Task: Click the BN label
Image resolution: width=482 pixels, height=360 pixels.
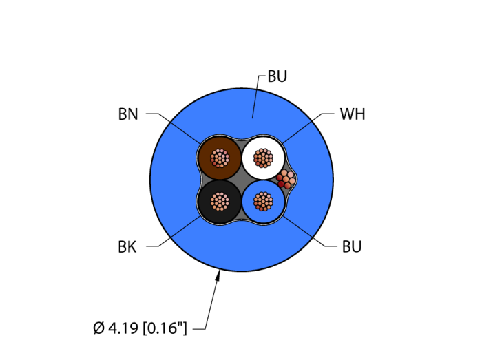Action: pyautogui.click(x=128, y=114)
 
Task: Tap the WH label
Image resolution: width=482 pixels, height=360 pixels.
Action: pyautogui.click(x=352, y=114)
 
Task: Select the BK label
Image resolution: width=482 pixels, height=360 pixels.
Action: pyautogui.click(x=127, y=247)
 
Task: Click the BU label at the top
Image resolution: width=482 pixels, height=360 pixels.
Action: pyautogui.click(x=277, y=76)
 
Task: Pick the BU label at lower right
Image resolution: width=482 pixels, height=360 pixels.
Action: pyautogui.click(x=352, y=246)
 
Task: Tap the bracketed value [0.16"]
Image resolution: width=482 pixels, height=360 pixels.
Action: pyautogui.click(x=166, y=328)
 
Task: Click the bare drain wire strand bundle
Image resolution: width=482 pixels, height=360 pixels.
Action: pyautogui.click(x=286, y=179)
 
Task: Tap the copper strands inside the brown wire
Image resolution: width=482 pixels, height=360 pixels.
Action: pyautogui.click(x=220, y=158)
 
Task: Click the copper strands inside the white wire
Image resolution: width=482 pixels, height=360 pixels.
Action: pyautogui.click(x=262, y=158)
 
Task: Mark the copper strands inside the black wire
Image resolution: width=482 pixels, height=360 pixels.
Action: pyautogui.click(x=220, y=201)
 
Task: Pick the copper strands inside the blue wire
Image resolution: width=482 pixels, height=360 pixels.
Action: pyautogui.click(x=262, y=201)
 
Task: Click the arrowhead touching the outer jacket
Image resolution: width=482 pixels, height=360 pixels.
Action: pyautogui.click(x=218, y=276)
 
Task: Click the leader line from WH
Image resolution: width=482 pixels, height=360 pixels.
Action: pyautogui.click(x=303, y=127)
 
